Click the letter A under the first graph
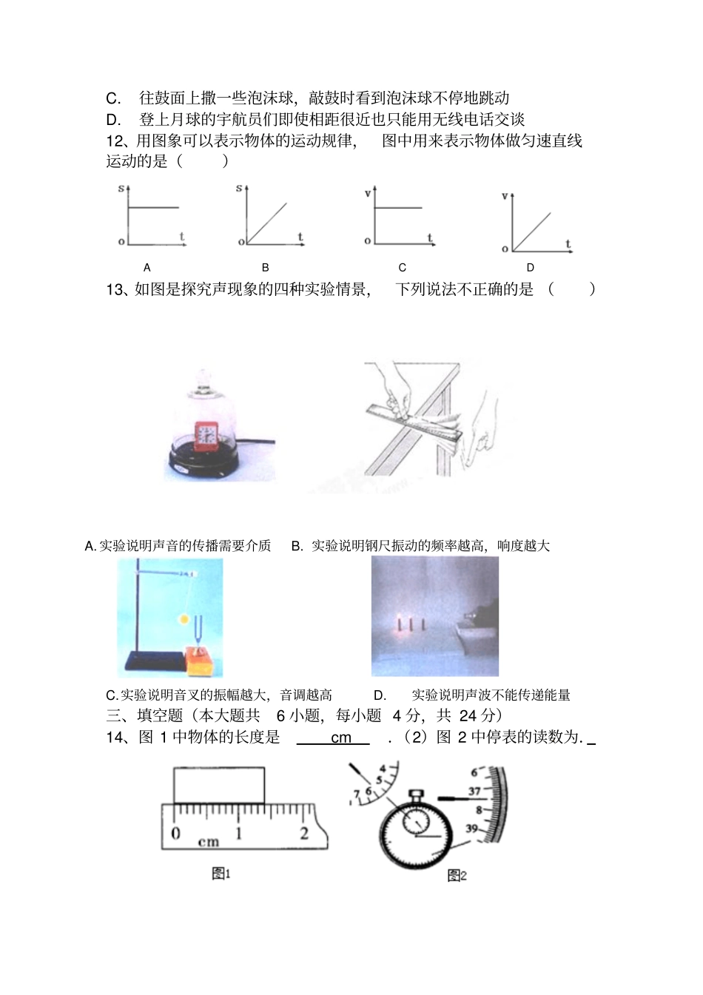147,268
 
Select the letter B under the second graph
266,268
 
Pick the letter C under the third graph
403,268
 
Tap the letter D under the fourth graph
531,268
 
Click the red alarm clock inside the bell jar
206,436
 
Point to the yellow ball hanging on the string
183,618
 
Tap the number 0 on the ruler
176,833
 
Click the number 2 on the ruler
304,833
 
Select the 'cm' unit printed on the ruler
209,842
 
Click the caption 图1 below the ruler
221,874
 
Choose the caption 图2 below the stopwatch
457,876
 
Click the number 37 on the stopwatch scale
474,792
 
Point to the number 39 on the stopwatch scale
471,829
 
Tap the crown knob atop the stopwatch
416,796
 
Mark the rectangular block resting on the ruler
219,786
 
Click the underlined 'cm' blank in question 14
341,738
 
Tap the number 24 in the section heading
468,715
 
